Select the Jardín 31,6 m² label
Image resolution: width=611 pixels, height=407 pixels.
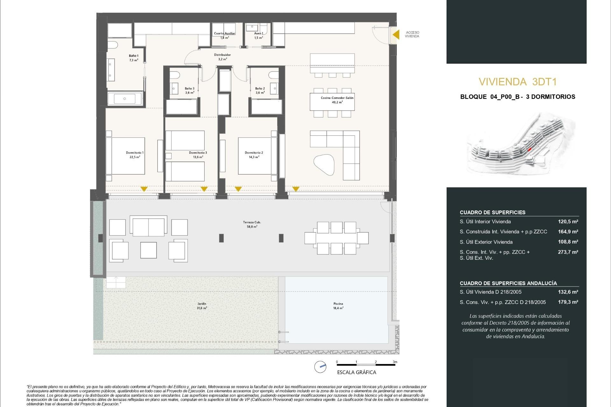pyautogui.click(x=202, y=306)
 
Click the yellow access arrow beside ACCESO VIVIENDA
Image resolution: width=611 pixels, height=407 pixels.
pyautogui.click(x=396, y=34)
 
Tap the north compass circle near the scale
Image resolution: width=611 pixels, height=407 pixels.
pyautogui.click(x=320, y=367)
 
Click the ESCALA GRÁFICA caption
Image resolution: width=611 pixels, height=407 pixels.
pyautogui.click(x=356, y=372)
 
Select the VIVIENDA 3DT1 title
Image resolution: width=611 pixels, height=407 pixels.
pyautogui.click(x=517, y=82)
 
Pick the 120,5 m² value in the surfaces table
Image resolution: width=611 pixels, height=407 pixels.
pyautogui.click(x=568, y=222)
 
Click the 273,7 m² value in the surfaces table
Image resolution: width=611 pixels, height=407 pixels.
pyautogui.click(x=568, y=252)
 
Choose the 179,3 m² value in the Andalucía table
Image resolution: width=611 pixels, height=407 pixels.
pyautogui.click(x=568, y=302)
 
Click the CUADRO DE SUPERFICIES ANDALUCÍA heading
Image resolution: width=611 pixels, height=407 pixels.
pyautogui.click(x=508, y=283)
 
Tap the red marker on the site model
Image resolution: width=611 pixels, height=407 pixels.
pyautogui.click(x=530, y=149)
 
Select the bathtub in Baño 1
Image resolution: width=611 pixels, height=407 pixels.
pyautogui.click(x=124, y=99)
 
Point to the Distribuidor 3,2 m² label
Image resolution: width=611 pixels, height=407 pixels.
pyautogui.click(x=222, y=57)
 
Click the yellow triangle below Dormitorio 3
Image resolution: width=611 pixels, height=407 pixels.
pyautogui.click(x=204, y=189)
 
